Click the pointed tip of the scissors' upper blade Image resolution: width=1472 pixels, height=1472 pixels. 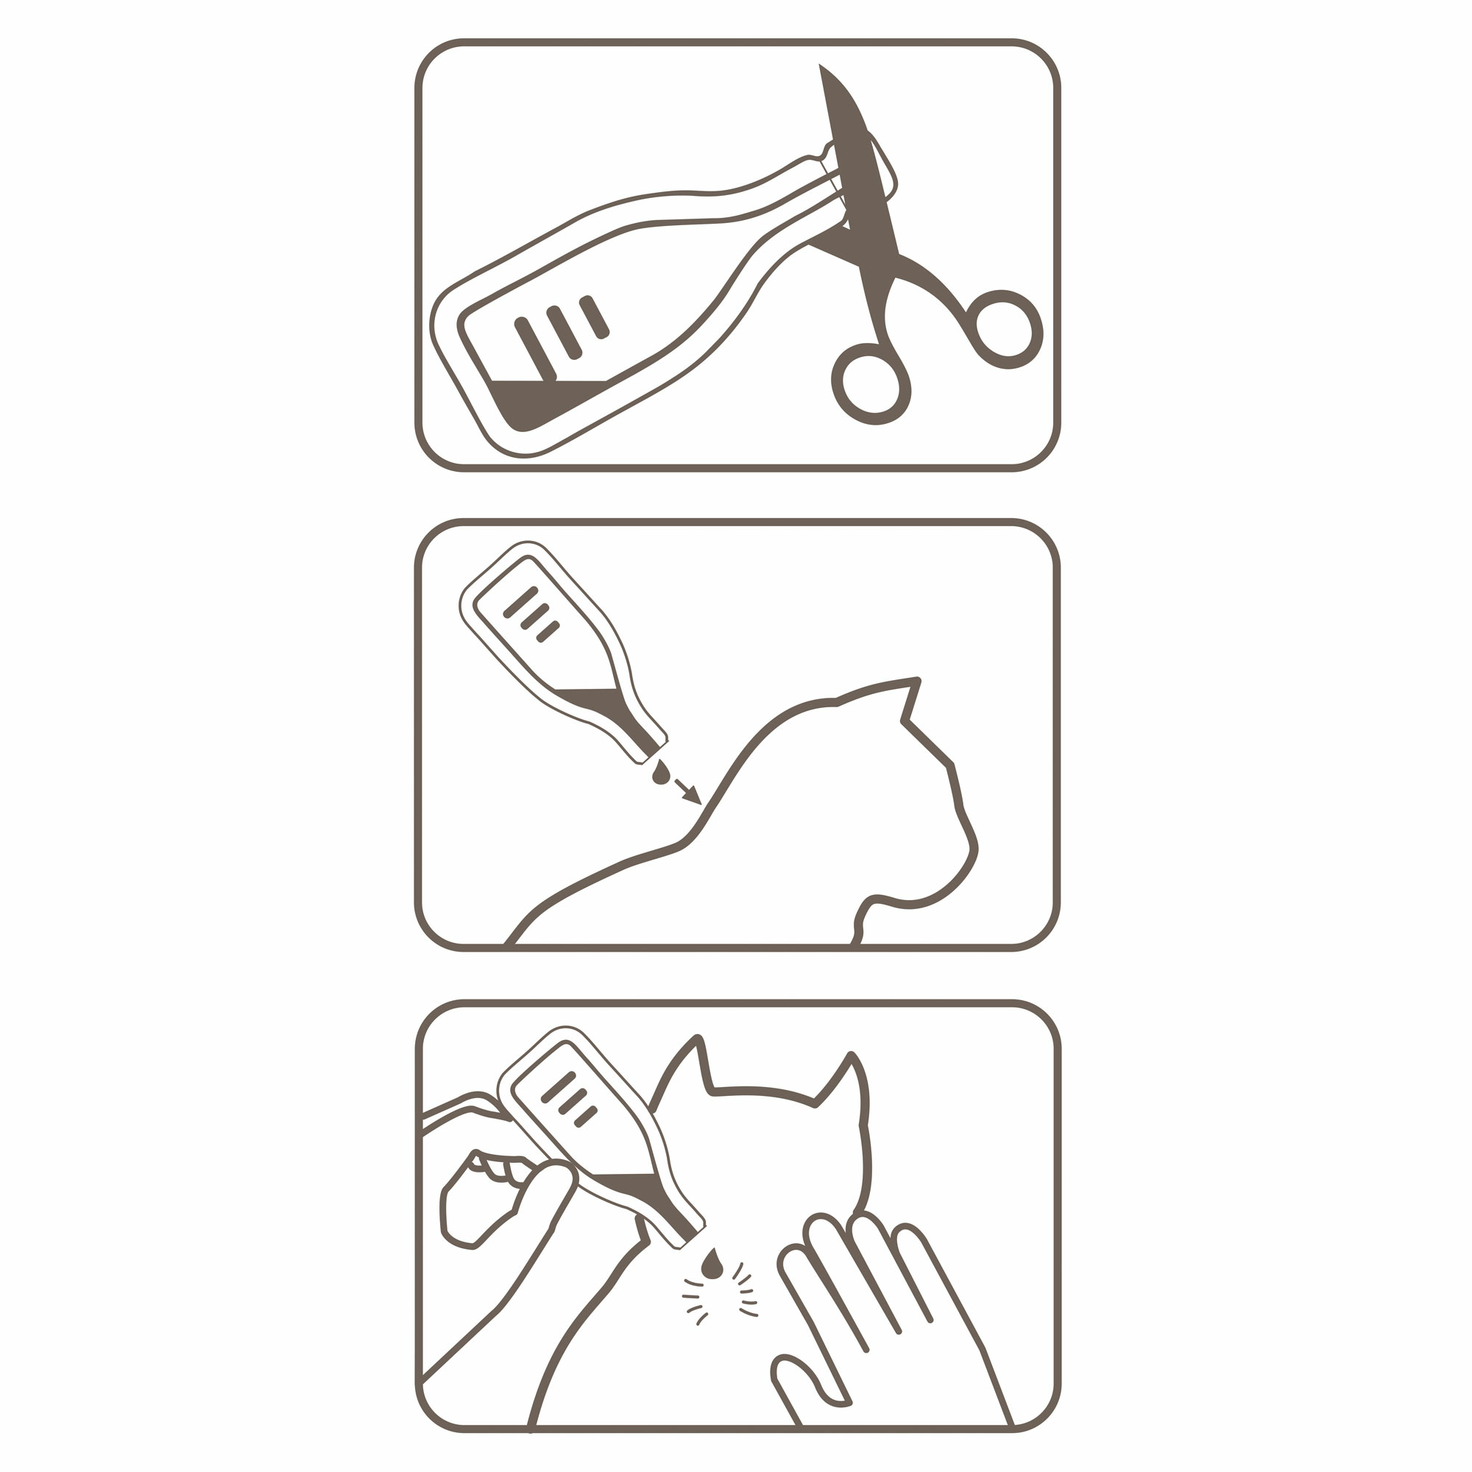pyautogui.click(x=821, y=68)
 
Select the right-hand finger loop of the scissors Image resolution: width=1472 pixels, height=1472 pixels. pyautogui.click(x=1004, y=329)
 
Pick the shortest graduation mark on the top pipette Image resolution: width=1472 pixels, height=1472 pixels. pyautogui.click(x=594, y=317)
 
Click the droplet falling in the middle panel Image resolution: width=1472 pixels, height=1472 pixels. pyautogui.click(x=662, y=774)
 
